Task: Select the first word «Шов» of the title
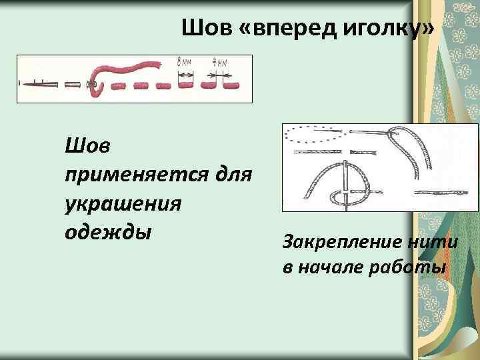coord(201,29)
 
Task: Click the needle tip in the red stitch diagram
coord(23,84)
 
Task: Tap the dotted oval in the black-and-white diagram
coord(313,136)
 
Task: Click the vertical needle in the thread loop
coord(347,184)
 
